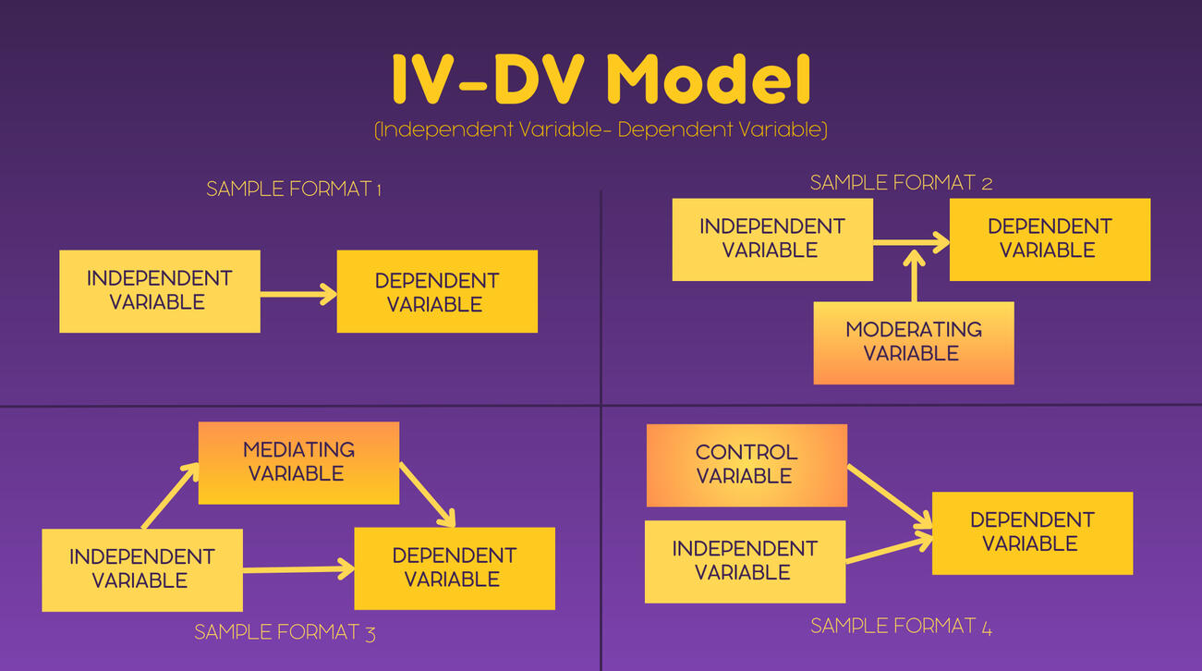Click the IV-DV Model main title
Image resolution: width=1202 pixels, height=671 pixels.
(601, 79)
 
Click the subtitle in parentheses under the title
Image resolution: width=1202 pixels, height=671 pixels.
(601, 129)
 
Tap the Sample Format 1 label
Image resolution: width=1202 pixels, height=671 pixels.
(294, 189)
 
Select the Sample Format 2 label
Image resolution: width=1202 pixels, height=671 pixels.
(901, 183)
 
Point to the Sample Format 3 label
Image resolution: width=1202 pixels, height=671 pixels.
(285, 633)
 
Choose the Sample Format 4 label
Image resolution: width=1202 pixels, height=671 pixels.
(901, 627)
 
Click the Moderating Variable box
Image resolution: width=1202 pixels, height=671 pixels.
(913, 342)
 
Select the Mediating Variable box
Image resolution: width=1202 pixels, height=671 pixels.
(298, 462)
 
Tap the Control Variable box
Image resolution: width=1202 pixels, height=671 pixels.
(747, 465)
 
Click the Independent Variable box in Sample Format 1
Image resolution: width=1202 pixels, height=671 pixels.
(159, 291)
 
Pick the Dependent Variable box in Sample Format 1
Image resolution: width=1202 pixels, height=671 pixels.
(436, 292)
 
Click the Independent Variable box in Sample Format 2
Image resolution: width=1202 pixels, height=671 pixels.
(771, 238)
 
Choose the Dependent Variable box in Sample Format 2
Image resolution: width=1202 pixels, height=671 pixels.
(1050, 238)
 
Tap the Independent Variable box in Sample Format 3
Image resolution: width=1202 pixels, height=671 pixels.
(141, 569)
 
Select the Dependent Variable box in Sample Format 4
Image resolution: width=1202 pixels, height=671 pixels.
(1032, 532)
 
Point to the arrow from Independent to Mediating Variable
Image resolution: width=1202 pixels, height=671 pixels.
(170, 496)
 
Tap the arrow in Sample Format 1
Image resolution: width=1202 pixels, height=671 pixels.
(297, 294)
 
